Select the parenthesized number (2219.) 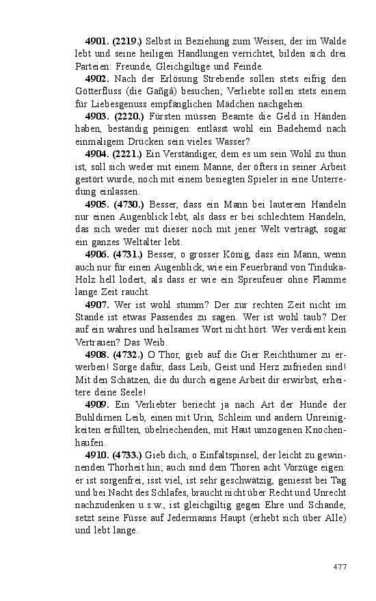(x=128, y=42)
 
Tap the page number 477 (x=340, y=567)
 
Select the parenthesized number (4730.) (x=128, y=204)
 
